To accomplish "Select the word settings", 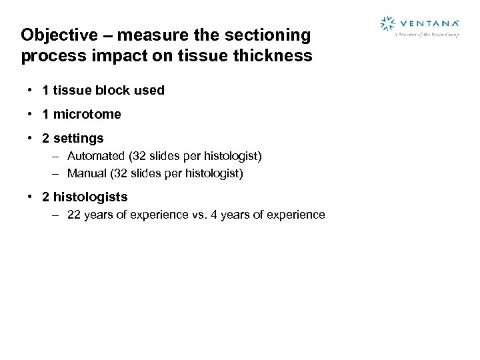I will (78, 139).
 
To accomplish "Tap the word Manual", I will (87, 173).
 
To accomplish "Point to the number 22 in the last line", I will (74, 215).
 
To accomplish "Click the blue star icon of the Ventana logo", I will (387, 24).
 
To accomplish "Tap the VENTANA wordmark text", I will (428, 23).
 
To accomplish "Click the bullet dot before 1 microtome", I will (31, 114).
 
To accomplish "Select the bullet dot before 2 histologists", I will (31, 197).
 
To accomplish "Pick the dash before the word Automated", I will (57, 156).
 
